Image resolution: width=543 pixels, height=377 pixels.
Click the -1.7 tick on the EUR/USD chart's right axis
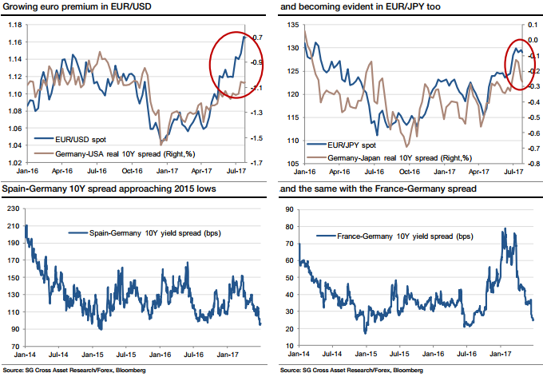[x=258, y=163]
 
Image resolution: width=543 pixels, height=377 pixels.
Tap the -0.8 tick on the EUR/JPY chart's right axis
[x=531, y=163]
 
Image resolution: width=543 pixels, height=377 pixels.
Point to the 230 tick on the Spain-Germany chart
[x=13, y=208]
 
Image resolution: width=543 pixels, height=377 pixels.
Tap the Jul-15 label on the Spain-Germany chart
[x=131, y=353]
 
